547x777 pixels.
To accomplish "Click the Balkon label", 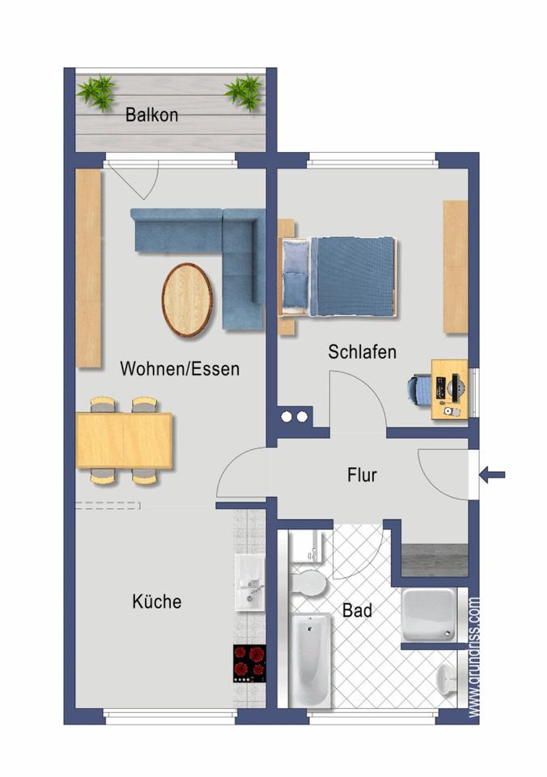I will (151, 114).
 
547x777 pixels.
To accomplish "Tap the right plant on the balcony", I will (243, 91).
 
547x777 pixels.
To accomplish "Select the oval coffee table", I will (188, 299).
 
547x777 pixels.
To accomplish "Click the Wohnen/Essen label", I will (180, 369).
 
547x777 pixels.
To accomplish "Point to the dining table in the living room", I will (124, 440).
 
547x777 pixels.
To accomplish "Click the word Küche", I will (157, 601).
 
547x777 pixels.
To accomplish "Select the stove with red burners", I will (250, 663).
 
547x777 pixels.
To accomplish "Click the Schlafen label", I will (362, 352).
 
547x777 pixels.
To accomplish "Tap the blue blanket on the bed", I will (353, 276).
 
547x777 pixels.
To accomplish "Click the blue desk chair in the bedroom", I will (419, 388).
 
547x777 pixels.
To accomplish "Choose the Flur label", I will (361, 475).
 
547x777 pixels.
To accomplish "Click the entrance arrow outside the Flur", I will (492, 475).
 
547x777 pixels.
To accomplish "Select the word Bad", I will (357, 610).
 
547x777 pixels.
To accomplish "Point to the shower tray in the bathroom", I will (429, 615).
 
